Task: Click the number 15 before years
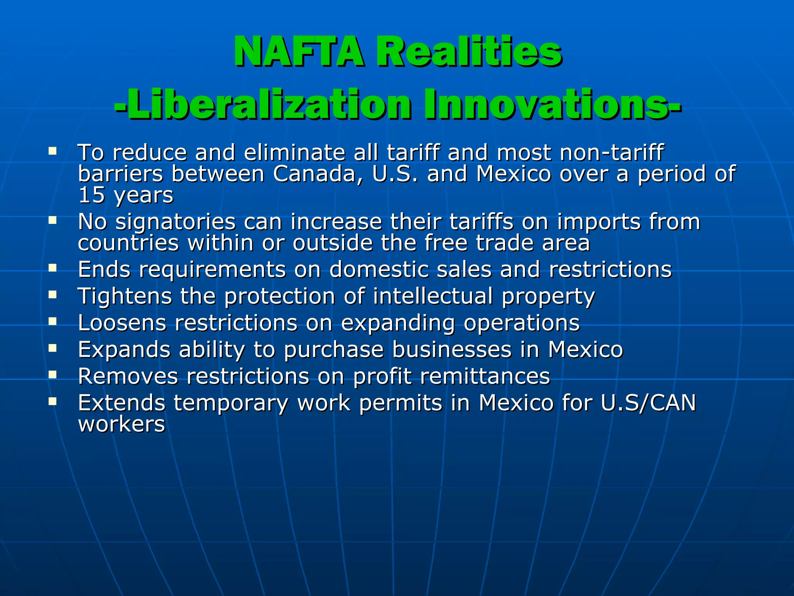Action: [91, 195]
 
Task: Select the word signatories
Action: [176, 222]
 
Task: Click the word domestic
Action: [378, 269]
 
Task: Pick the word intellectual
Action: [433, 296]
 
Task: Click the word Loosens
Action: [122, 323]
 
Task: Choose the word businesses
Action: [452, 350]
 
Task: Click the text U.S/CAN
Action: [648, 403]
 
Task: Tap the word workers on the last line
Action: [122, 424]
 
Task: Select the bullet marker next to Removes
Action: [53, 374]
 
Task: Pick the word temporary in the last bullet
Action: [231, 404]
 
